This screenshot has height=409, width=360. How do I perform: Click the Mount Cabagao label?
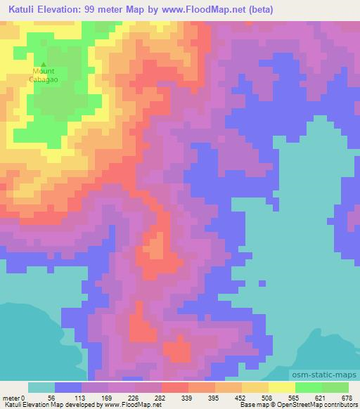(44, 75)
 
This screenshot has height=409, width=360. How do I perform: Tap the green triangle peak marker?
(44, 65)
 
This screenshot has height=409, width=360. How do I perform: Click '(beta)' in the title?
(259, 10)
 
